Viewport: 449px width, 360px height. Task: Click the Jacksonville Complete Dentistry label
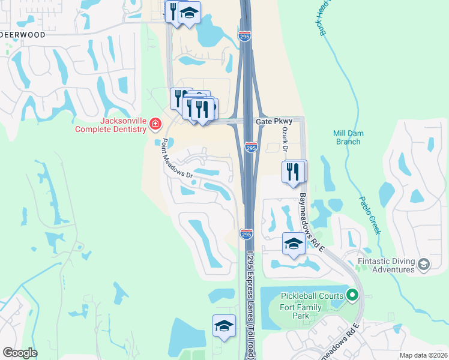pyautogui.click(x=111, y=124)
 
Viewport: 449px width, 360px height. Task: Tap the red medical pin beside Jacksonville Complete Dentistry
pyautogui.click(x=155, y=124)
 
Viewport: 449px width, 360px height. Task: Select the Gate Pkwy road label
pyautogui.click(x=273, y=121)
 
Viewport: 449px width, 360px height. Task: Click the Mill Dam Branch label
pyautogui.click(x=347, y=137)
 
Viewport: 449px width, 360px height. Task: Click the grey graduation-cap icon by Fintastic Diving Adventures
pyautogui.click(x=424, y=265)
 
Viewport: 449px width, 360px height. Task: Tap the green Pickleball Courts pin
pyautogui.click(x=352, y=295)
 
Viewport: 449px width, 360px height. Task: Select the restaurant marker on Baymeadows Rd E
pyautogui.click(x=293, y=170)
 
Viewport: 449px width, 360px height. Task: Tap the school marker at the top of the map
pyautogui.click(x=190, y=12)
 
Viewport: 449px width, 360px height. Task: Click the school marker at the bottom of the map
pyautogui.click(x=224, y=326)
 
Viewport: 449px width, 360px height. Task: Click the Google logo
pyautogui.click(x=20, y=353)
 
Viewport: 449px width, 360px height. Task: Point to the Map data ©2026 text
pyautogui.click(x=423, y=355)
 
